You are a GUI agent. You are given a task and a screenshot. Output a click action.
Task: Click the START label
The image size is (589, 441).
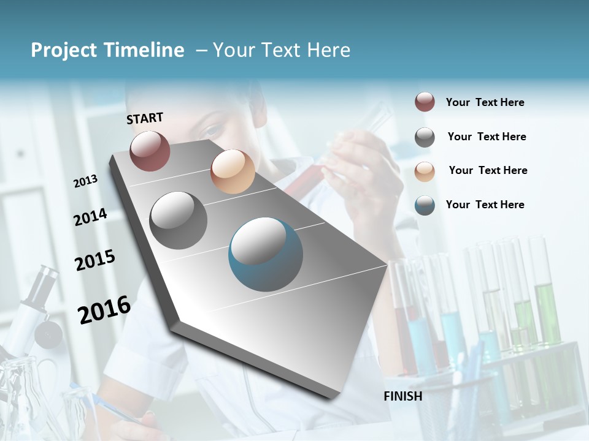click(145, 118)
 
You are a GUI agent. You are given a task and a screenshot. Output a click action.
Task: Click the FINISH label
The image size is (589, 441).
click(403, 396)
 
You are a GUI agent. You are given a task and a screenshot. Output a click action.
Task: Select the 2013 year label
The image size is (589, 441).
click(86, 181)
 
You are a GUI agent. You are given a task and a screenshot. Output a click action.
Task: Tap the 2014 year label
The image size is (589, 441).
click(91, 217)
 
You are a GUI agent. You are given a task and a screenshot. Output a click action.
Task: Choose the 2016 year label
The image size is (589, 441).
click(104, 309)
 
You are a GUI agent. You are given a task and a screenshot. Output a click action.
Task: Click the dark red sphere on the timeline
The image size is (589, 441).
click(150, 151)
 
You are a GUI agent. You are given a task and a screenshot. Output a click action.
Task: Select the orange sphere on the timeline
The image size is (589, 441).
click(233, 171)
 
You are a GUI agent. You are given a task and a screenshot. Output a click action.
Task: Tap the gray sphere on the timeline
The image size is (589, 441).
click(179, 221)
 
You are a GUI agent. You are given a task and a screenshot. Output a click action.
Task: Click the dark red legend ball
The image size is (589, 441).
click(425, 102)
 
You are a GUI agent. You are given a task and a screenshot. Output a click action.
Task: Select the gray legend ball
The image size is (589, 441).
click(425, 137)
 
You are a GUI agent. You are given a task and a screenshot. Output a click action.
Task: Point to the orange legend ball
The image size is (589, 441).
click(425, 171)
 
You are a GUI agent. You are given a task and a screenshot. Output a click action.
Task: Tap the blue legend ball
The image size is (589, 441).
click(425, 205)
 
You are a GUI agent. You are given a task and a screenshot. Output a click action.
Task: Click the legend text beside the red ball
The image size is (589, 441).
click(485, 102)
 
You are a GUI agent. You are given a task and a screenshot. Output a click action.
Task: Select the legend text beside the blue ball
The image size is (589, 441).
click(485, 205)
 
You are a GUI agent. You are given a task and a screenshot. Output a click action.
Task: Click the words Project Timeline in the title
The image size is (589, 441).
click(107, 50)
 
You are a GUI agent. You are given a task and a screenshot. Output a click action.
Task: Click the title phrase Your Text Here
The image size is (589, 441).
click(282, 50)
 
